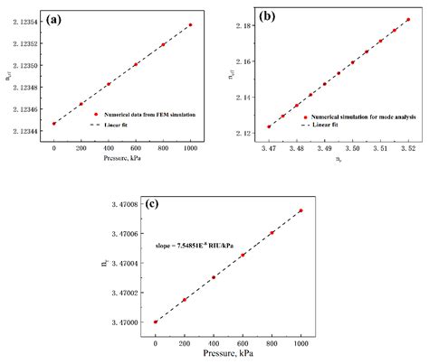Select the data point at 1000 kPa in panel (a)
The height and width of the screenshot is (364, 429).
point(190,24)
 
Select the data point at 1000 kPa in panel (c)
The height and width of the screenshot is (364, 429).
point(300,210)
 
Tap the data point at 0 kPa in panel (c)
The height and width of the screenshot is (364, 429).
point(156,322)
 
